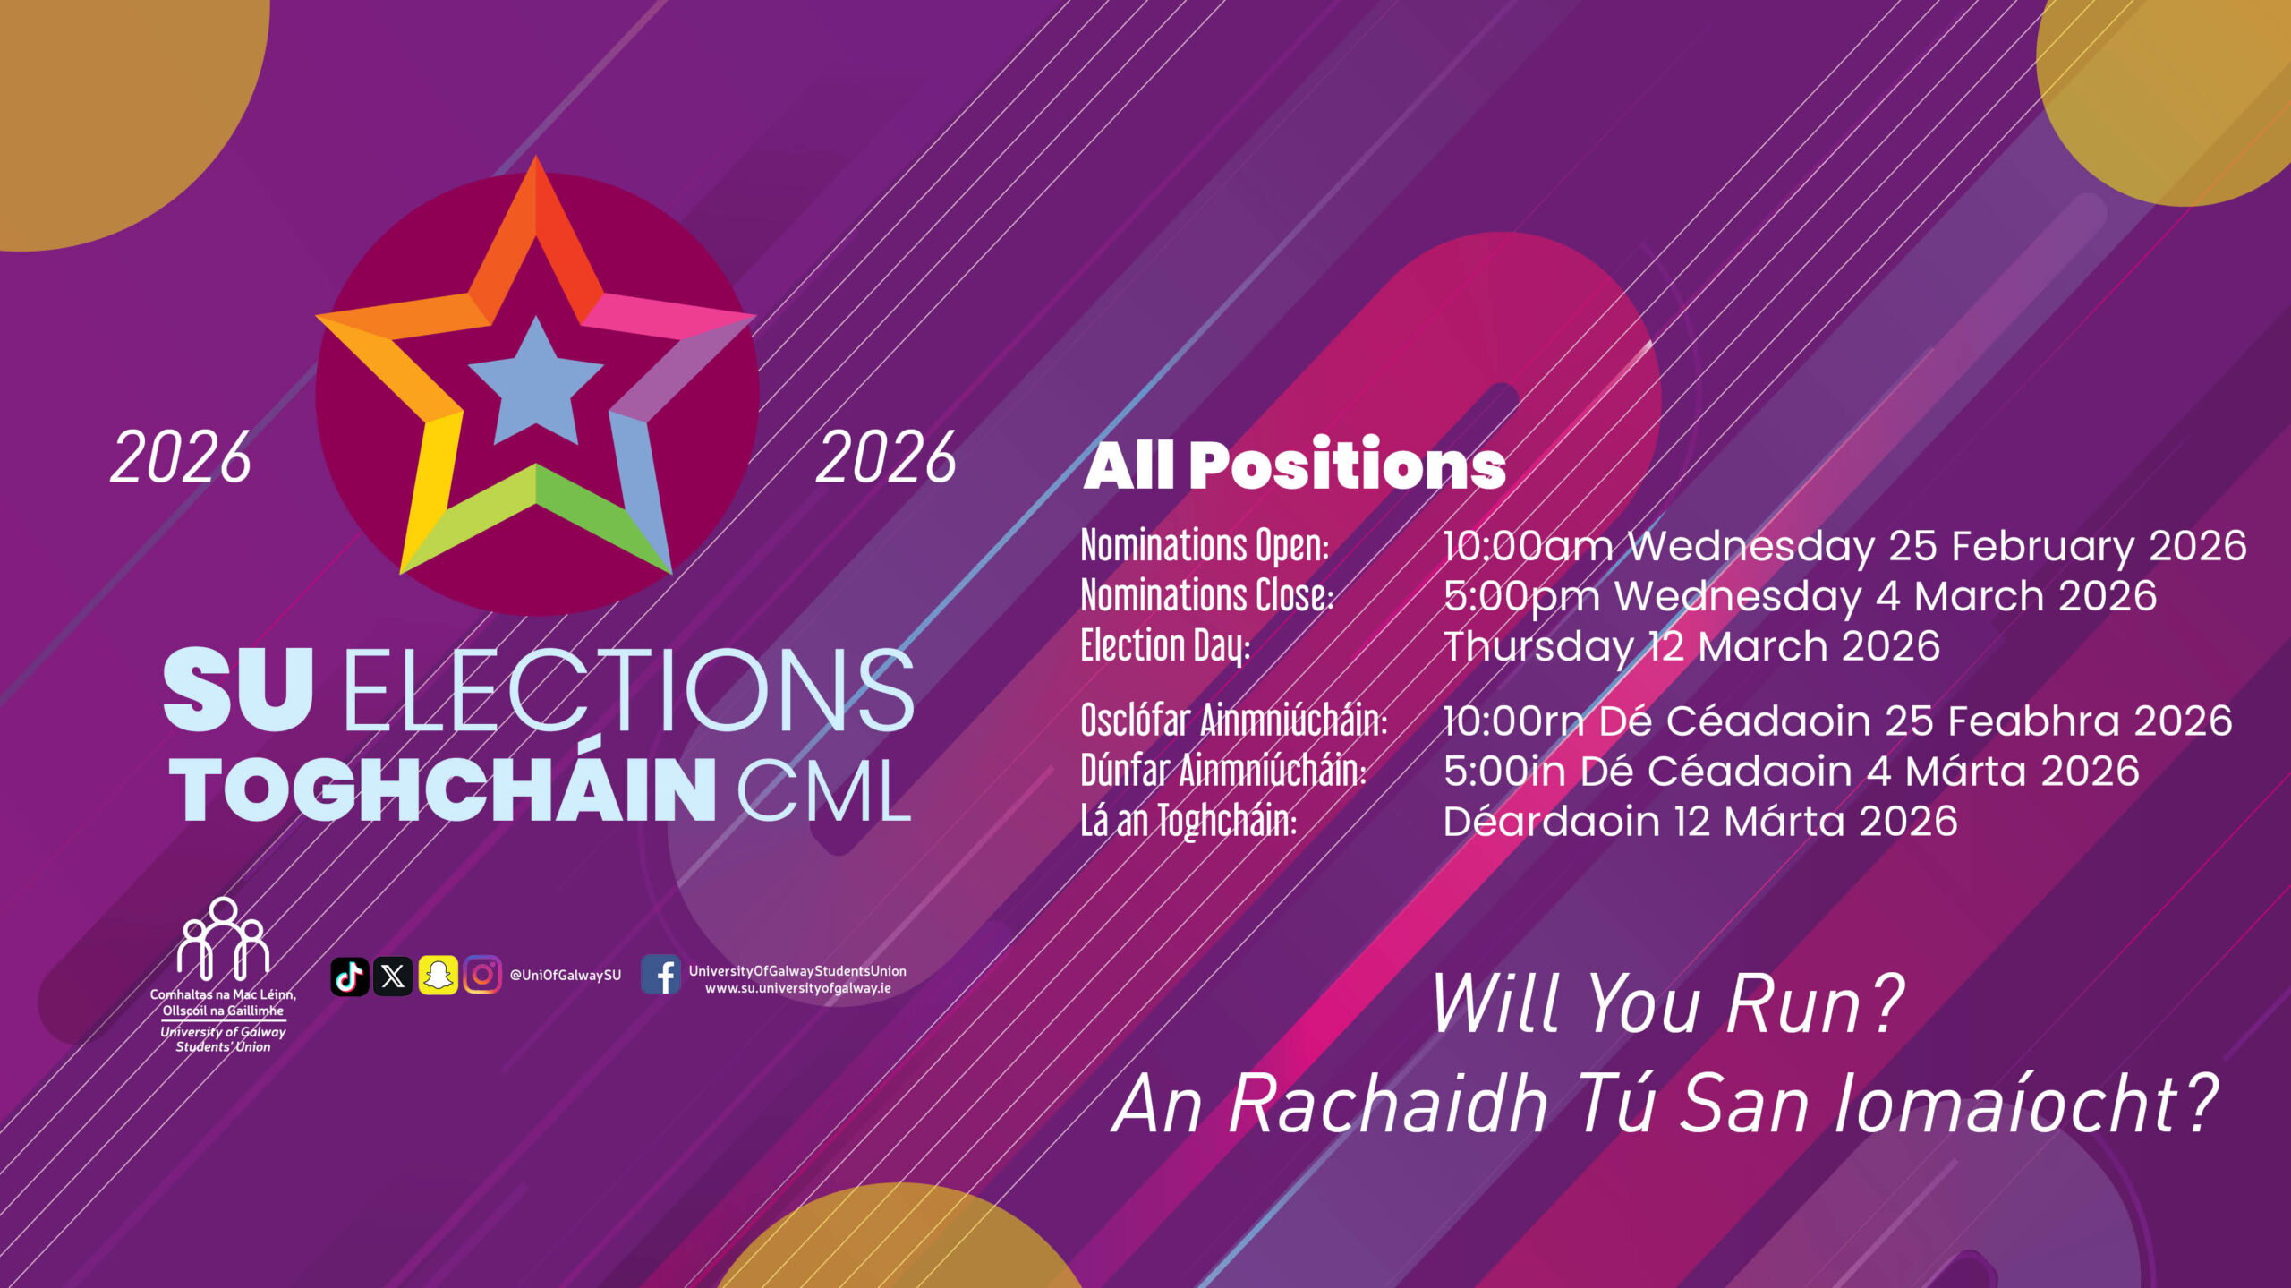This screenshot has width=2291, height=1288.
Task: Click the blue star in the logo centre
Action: [535, 383]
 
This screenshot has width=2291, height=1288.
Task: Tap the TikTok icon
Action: [349, 976]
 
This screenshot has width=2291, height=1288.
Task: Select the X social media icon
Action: [393, 976]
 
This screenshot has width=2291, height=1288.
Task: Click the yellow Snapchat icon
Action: [438, 976]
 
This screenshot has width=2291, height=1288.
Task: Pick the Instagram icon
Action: [482, 976]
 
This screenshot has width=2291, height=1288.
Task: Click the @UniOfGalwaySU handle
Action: [565, 976]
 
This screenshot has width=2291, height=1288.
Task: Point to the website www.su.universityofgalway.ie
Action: [798, 989]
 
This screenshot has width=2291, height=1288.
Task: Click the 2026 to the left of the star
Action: [181, 458]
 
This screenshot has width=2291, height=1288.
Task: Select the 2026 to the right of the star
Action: [886, 458]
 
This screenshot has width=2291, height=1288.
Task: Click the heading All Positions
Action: [1295, 465]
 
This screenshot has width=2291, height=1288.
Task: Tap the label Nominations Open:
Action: [1205, 547]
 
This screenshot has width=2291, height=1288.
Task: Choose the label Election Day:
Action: [1165, 646]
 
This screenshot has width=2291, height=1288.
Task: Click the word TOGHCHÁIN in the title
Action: [444, 788]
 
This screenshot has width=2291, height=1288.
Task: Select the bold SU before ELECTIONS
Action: [239, 689]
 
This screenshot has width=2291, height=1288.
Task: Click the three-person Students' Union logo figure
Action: [223, 939]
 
